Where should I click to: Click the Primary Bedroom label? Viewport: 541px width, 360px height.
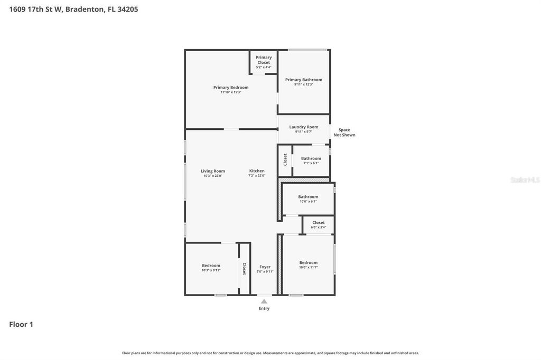click(231, 88)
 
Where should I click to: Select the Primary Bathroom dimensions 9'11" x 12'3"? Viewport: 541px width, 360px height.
click(304, 84)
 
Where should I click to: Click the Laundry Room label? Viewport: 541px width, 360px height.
click(304, 127)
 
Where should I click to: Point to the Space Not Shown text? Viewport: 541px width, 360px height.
click(344, 132)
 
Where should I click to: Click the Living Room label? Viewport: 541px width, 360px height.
click(213, 171)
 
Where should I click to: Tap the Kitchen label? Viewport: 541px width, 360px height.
click(257, 171)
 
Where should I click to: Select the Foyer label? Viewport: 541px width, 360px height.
click(265, 267)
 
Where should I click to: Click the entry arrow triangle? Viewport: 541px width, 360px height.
click(264, 301)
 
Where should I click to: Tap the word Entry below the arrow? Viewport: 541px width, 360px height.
click(264, 308)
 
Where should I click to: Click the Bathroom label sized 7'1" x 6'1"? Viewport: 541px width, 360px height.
click(311, 158)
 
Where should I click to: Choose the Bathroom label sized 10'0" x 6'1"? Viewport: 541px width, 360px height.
click(308, 197)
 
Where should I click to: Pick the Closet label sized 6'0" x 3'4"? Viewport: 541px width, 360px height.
click(319, 223)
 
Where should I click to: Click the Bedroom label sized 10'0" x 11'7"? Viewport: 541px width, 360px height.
click(309, 263)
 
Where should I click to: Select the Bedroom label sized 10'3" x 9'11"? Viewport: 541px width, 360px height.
click(211, 266)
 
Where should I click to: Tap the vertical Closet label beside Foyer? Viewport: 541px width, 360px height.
click(244, 269)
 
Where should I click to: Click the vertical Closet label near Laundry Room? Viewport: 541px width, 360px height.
click(285, 159)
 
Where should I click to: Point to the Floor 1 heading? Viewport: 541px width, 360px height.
click(21, 325)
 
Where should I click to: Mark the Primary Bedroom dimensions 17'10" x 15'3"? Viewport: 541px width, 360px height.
click(231, 92)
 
